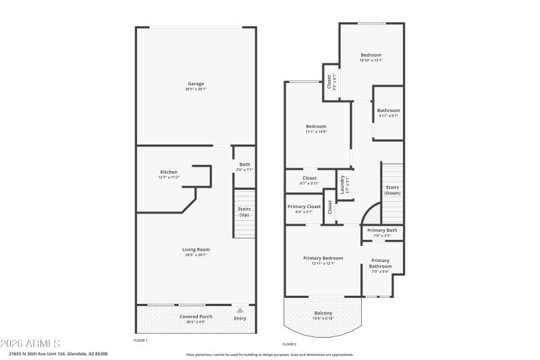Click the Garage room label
(x=196, y=84)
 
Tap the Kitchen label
(x=169, y=172)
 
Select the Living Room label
(x=196, y=250)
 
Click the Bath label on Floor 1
(x=244, y=164)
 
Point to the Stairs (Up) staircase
(x=244, y=213)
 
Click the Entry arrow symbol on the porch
(x=240, y=310)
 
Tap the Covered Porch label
(x=196, y=317)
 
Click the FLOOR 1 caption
(x=140, y=340)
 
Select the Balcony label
(x=323, y=313)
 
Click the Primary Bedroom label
(x=323, y=258)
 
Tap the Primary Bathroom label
(x=380, y=263)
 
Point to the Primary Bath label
(x=382, y=230)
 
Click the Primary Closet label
(x=304, y=207)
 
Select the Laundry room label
(x=343, y=185)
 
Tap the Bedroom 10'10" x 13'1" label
(x=371, y=55)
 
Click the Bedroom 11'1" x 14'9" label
(x=316, y=127)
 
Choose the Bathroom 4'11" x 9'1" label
(x=388, y=111)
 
